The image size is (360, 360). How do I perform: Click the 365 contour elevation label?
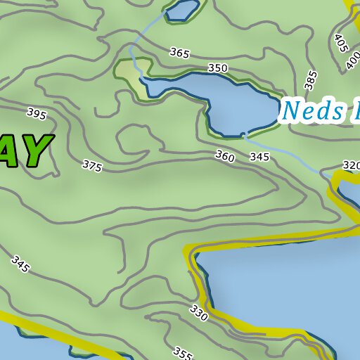click(x=179, y=53)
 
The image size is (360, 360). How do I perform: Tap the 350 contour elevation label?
click(x=218, y=68)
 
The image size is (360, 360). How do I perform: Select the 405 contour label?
click(x=341, y=44)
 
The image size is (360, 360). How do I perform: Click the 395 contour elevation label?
click(x=37, y=112)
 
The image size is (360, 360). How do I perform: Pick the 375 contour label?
click(x=91, y=166)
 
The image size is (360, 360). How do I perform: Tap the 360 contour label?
click(x=225, y=155)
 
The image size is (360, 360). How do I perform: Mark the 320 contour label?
click(x=351, y=165)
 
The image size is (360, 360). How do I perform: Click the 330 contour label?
click(x=199, y=313)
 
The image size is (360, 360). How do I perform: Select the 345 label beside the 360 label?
click(x=259, y=157)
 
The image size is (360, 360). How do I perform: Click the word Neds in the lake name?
click(x=312, y=110)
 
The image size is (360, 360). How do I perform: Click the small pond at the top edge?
click(x=184, y=10)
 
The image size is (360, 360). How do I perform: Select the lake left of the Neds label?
click(x=225, y=102)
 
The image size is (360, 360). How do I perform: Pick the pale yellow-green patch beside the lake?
click(x=129, y=72)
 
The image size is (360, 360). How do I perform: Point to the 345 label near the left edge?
click(x=21, y=264)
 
